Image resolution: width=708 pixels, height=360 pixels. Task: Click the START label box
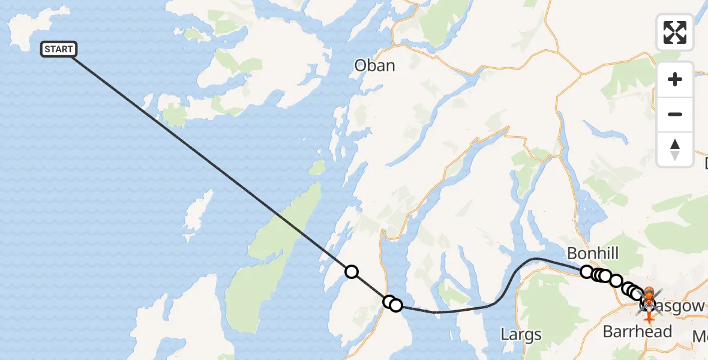(58, 49)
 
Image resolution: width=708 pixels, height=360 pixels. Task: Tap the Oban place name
(374, 65)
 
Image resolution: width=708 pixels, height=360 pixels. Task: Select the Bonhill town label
(593, 252)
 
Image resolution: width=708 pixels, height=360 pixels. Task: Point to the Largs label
(521, 334)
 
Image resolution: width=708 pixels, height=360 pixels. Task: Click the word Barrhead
(637, 331)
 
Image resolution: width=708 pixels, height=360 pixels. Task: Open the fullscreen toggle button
(675, 32)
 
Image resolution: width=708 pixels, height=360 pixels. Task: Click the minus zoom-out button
(675, 114)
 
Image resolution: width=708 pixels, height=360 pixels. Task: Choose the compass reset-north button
(675, 149)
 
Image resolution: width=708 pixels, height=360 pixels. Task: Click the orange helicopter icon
(649, 296)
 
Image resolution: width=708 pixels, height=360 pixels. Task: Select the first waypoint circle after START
(352, 272)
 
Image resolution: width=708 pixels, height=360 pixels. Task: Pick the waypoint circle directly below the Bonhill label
(587, 272)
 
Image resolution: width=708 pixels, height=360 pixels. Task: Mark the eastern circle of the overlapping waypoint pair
(396, 305)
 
